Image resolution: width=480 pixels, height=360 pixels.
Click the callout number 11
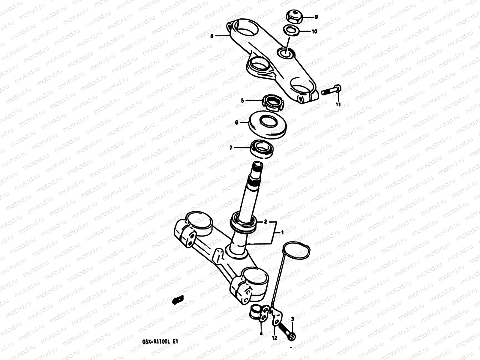coord(338,104)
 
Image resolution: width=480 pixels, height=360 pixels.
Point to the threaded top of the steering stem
coord(257,168)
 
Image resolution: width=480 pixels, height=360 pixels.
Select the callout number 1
coord(282,232)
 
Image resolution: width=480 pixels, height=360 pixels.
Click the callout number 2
coord(265,222)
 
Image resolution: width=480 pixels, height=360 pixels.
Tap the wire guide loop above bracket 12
coord(297,256)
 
